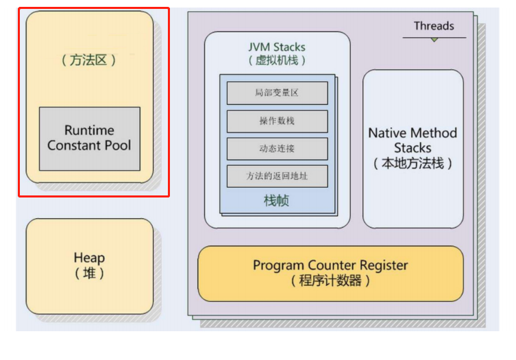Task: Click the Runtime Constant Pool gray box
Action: coord(89,139)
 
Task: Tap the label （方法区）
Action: coord(89,60)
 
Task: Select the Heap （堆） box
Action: coord(89,266)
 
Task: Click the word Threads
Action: coord(434,26)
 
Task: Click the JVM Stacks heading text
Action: coord(277,47)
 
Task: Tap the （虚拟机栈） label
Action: coord(277,60)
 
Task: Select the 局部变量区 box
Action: coord(277,93)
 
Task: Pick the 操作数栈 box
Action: coord(277,121)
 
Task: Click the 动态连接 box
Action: coord(277,148)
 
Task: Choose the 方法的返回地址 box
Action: coord(277,176)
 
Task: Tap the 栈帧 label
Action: coord(277,201)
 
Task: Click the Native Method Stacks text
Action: coord(413,140)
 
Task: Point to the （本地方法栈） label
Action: coord(413,164)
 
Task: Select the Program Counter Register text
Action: coord(330,265)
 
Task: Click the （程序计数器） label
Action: coord(330,280)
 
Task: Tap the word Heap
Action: coord(89,258)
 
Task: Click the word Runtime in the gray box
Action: coord(89,130)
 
